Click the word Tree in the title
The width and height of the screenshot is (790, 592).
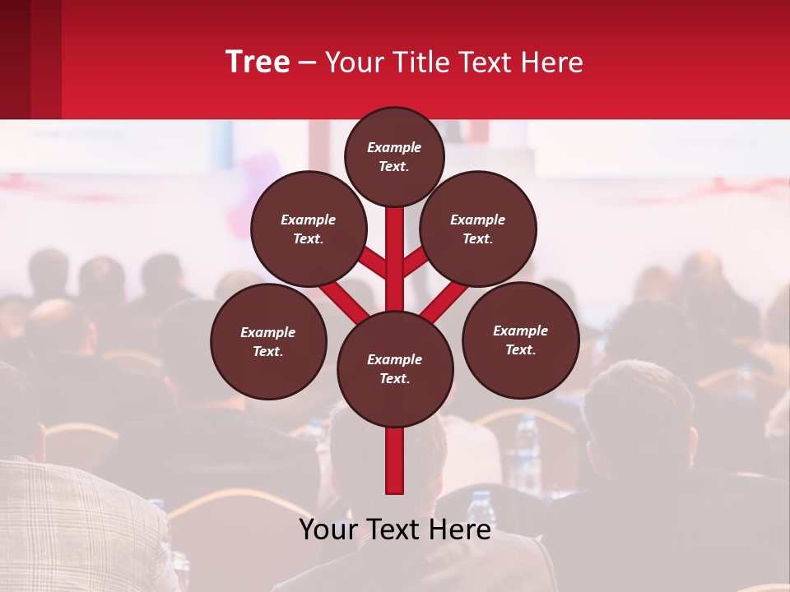[x=258, y=62]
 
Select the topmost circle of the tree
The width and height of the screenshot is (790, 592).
[x=394, y=156]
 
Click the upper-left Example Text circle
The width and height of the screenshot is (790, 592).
[x=309, y=229]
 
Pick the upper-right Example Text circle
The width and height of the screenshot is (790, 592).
[x=478, y=229]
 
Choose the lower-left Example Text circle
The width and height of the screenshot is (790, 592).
[x=268, y=341]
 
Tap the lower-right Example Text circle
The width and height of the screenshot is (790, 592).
[x=520, y=340]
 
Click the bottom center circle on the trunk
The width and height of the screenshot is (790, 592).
[x=395, y=369]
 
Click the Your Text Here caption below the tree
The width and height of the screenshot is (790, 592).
[x=395, y=530]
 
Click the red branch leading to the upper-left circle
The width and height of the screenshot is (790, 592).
[x=372, y=261]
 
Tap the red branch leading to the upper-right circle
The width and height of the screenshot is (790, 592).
[x=416, y=261]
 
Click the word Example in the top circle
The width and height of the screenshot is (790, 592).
[x=394, y=147]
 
